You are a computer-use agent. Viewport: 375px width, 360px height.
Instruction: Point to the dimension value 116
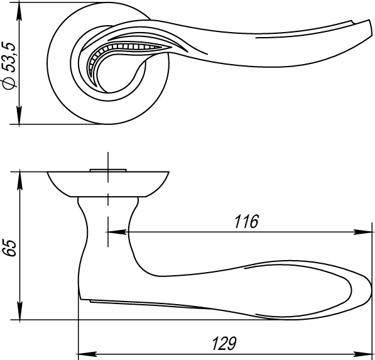pos(246,222)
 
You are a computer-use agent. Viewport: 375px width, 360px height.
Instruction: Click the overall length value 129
pos(224,344)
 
